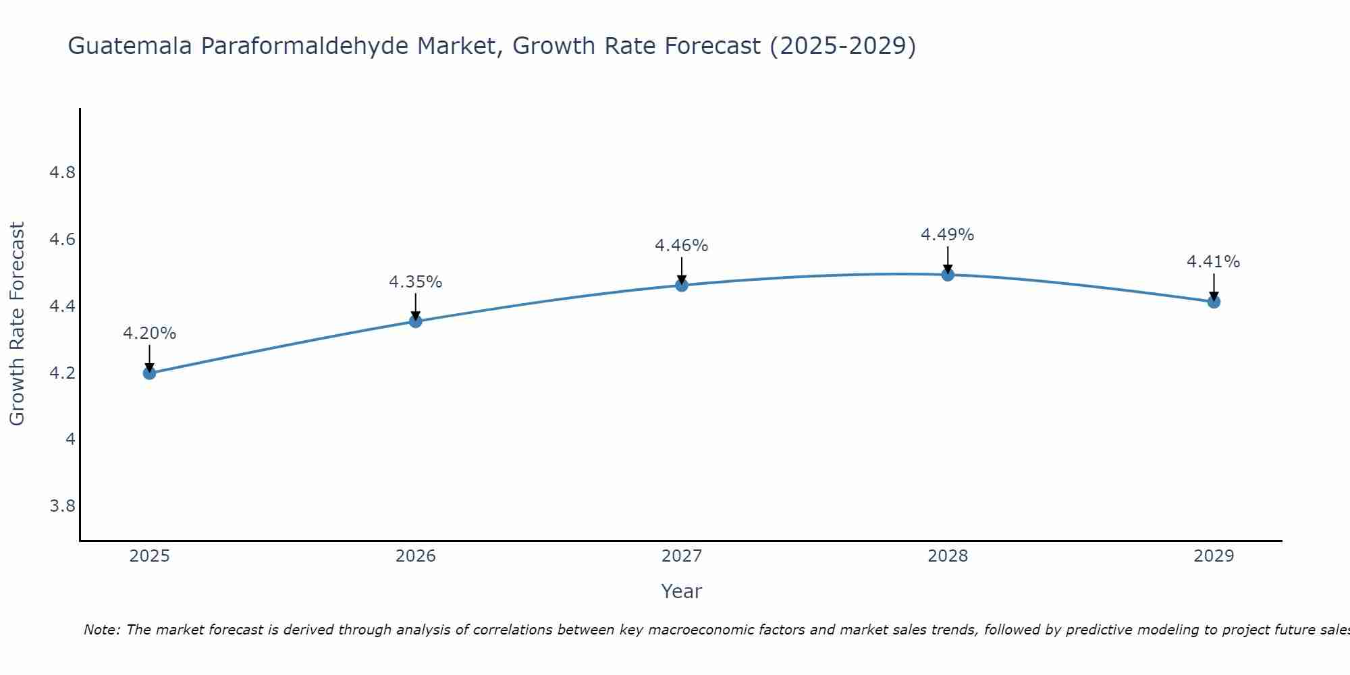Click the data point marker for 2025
coord(149,373)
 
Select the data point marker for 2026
coord(416,321)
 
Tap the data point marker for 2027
coord(682,285)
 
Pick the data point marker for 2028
coord(948,275)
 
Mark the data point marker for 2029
coord(1214,302)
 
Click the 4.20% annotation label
coord(149,333)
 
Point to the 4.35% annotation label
coord(416,282)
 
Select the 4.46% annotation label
coord(682,246)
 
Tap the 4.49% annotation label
coord(948,235)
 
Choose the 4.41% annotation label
coord(1214,262)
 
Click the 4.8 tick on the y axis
coord(62,173)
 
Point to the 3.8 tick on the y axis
coord(62,506)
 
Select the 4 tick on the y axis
coord(70,439)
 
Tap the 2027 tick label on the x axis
coord(682,556)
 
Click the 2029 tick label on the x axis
coord(1214,556)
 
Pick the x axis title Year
coord(682,591)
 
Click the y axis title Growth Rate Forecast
coord(17,324)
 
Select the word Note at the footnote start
coord(101,630)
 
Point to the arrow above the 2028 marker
coord(948,259)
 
